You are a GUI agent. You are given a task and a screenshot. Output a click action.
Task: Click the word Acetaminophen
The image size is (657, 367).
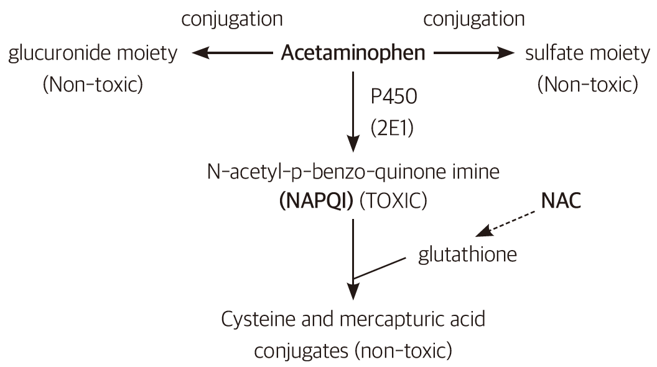353,53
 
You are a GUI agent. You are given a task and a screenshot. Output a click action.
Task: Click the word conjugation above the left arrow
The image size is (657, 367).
231,19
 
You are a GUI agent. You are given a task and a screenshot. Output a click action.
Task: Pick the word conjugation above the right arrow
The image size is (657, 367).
473,19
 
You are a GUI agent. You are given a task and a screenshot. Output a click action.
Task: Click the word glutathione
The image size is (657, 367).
467,255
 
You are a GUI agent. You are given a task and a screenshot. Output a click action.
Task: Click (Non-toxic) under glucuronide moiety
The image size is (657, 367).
93,84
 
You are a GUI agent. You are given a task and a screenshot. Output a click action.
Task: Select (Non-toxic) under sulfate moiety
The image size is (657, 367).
587,84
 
